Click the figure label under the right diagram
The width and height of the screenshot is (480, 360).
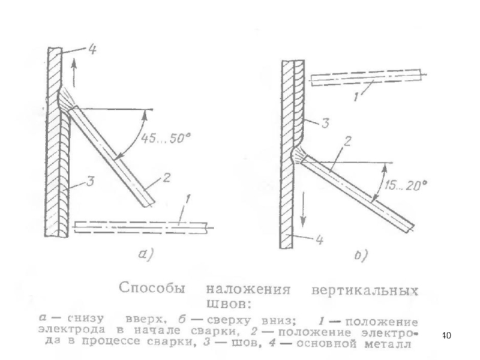point(361,255)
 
